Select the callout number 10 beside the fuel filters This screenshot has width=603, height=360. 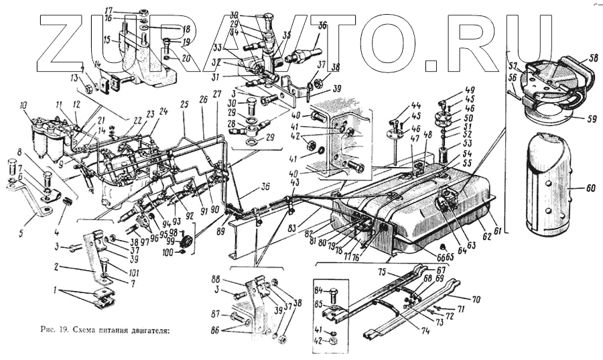23,105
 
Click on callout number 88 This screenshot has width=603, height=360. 234,280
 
